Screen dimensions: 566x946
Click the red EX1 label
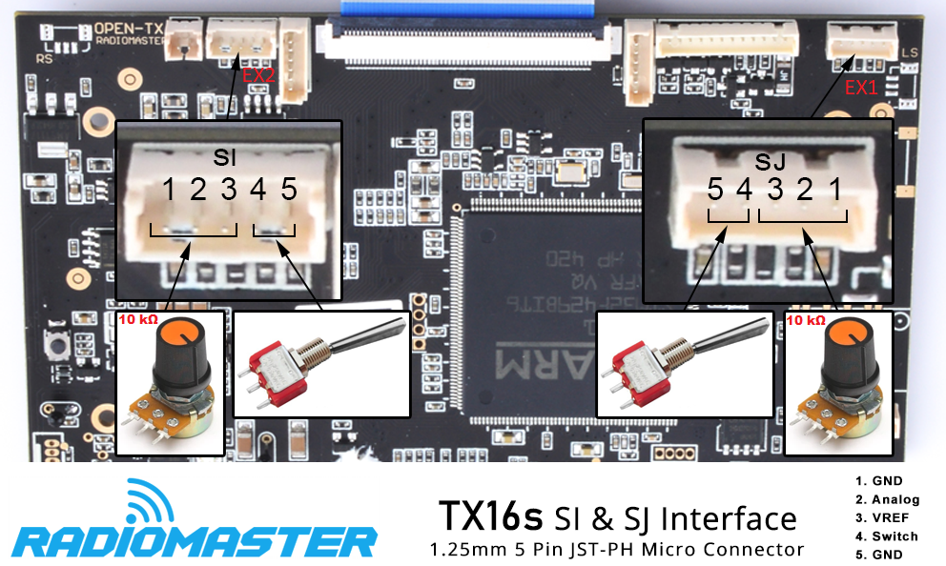click(x=861, y=87)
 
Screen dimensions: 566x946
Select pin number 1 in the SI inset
click(x=169, y=189)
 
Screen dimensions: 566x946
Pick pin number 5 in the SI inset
click(x=289, y=189)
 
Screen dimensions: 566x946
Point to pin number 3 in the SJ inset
click(x=775, y=190)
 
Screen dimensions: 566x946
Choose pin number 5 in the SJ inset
click(x=715, y=190)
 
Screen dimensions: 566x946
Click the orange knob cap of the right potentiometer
click(x=846, y=334)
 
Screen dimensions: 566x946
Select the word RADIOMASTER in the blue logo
click(x=195, y=542)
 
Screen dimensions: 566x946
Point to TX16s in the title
click(x=491, y=516)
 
